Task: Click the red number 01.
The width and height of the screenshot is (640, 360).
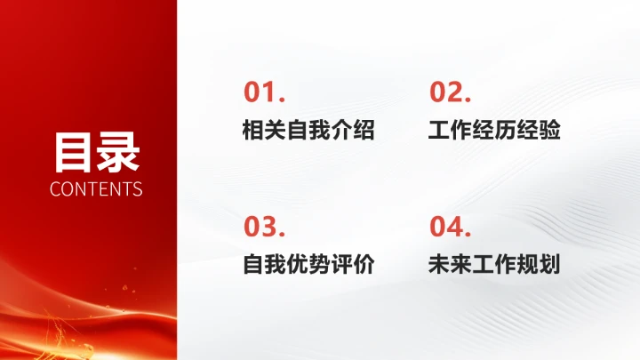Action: (263, 92)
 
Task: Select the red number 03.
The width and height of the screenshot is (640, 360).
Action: (263, 227)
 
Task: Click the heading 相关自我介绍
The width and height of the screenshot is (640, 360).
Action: (308, 132)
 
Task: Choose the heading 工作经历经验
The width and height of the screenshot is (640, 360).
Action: (494, 132)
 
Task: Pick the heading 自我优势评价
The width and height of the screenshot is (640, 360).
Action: (308, 265)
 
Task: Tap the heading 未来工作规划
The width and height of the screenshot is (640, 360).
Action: (494, 265)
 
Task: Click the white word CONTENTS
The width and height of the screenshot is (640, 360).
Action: (96, 189)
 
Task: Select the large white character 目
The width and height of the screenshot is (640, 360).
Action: (74, 152)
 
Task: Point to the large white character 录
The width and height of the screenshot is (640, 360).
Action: (118, 152)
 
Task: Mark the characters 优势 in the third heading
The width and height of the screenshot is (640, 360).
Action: (308, 265)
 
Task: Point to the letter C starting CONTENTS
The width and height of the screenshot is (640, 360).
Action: (56, 189)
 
